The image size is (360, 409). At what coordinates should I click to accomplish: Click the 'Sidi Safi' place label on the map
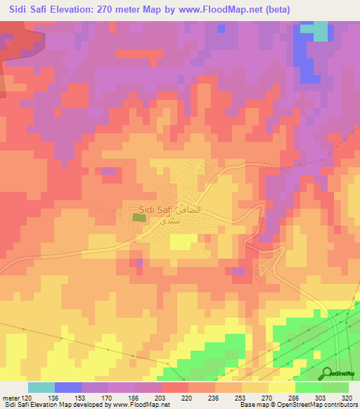coord(155,208)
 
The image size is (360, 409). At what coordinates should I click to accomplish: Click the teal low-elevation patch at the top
coord(320,31)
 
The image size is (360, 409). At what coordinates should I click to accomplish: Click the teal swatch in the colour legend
coord(41,387)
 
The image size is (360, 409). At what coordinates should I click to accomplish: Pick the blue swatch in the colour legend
coord(68,387)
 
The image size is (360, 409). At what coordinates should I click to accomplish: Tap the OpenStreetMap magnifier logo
coord(328,372)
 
